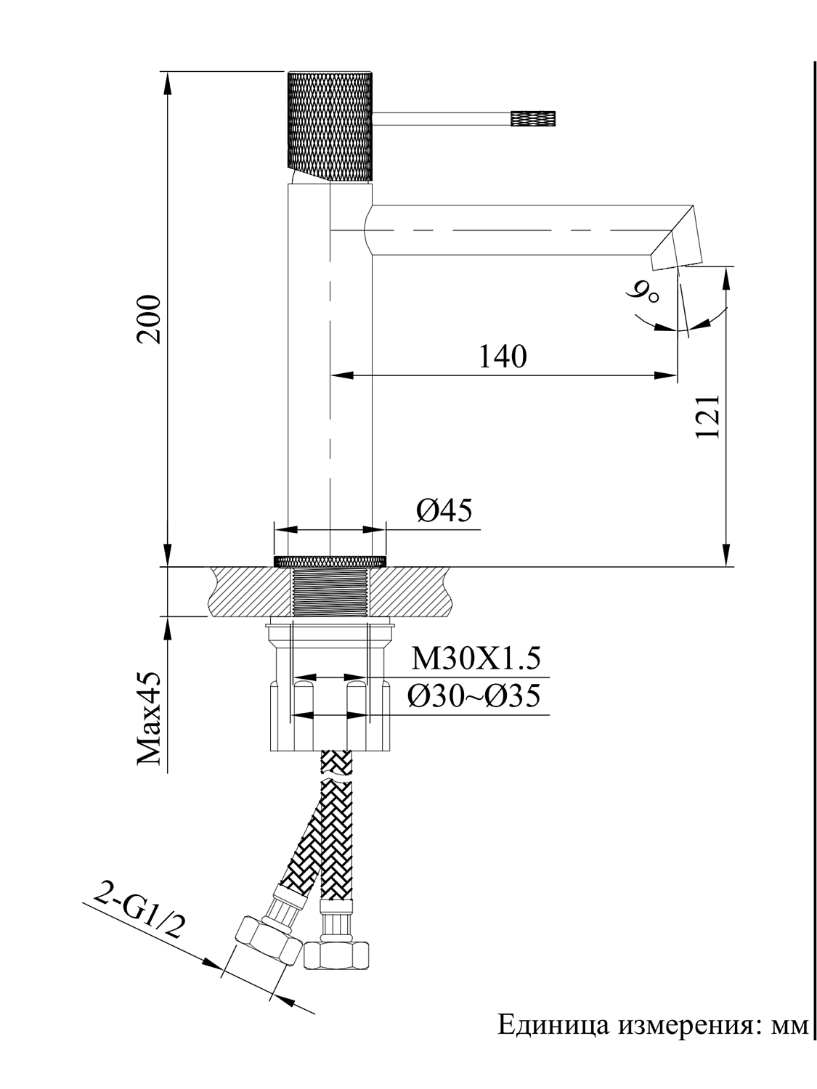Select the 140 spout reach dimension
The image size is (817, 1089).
[x=503, y=356]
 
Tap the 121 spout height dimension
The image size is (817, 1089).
[x=707, y=416]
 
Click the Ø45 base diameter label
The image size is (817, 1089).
[x=444, y=511]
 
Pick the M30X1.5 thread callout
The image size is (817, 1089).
[x=476, y=659]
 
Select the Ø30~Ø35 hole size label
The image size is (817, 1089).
[x=473, y=697]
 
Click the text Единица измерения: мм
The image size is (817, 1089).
[x=651, y=1026]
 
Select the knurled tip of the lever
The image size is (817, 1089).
[x=534, y=118]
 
